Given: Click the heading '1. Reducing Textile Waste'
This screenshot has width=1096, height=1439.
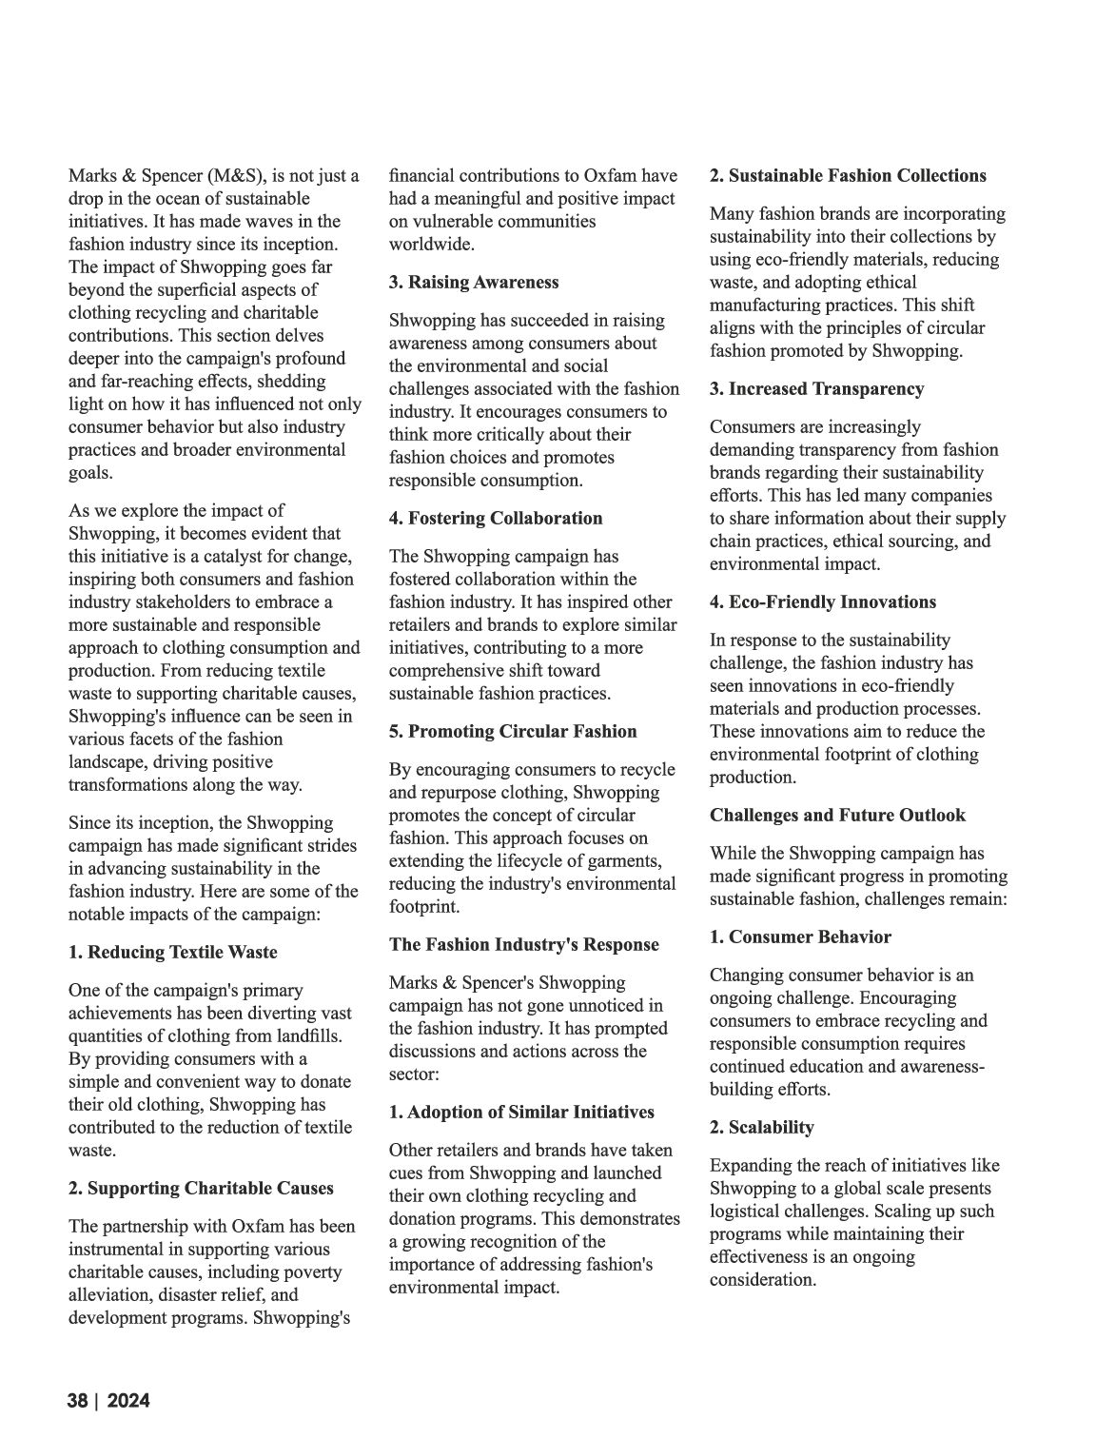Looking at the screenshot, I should coord(173,952).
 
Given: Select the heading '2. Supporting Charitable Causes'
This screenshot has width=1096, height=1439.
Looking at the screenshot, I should coord(202,1188).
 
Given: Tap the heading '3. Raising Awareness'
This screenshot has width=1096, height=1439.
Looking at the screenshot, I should coord(474,282).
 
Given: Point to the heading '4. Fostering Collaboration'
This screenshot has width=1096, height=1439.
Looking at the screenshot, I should coord(496,518).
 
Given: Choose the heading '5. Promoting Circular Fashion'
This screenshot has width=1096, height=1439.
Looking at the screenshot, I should coord(513,731).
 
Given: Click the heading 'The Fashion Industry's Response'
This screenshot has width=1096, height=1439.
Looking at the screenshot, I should coord(524,944).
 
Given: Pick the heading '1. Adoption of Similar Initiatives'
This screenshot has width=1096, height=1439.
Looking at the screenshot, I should coord(522,1112).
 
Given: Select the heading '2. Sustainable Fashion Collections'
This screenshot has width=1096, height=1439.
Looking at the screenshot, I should coord(848,175).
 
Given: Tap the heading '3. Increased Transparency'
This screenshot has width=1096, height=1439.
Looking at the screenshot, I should coord(817,388).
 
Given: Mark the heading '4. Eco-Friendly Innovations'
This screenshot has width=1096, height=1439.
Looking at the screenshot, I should coord(823,601).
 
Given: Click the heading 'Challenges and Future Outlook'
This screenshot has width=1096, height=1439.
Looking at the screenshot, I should coord(837,815).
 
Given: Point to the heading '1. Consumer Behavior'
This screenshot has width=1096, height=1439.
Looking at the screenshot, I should coord(800,936).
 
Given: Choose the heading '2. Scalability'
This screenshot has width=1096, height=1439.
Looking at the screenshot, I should coord(762,1127).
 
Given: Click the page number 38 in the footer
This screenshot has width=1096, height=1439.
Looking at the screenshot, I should coord(77,1401).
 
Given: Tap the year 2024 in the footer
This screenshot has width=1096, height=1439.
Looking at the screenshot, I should coord(128,1401).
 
